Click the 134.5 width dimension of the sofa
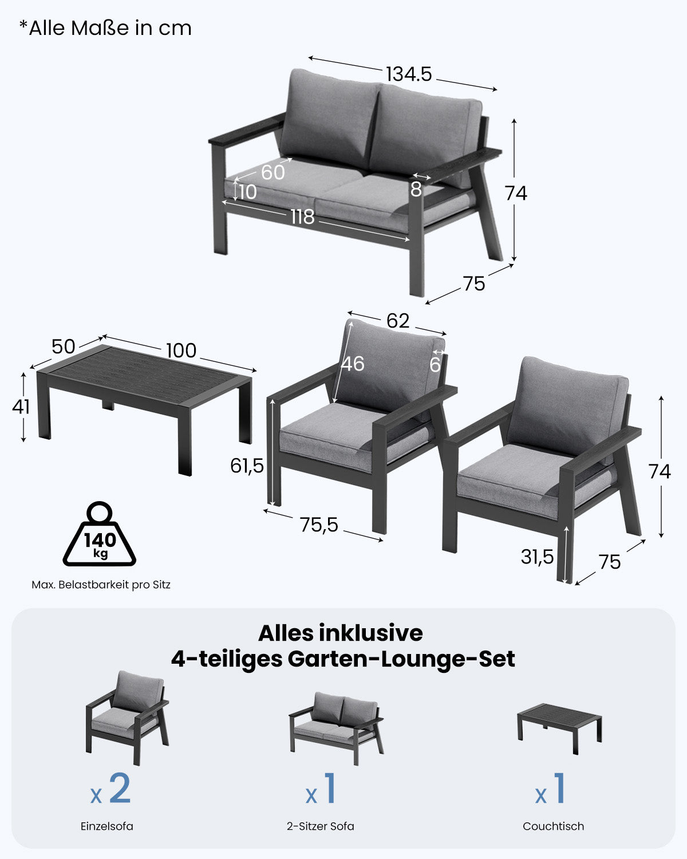[x=408, y=74]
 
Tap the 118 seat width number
[x=302, y=217]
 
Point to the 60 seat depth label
[x=273, y=172]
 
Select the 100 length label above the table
[x=181, y=350]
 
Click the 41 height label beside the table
[x=21, y=407]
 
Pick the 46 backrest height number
[x=353, y=364]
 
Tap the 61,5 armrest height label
[x=247, y=466]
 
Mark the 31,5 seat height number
[x=537, y=557]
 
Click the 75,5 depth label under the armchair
[x=319, y=525]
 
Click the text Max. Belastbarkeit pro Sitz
[x=101, y=585]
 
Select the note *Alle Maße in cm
[x=105, y=28]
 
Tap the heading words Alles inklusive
[x=340, y=633]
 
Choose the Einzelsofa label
[x=107, y=826]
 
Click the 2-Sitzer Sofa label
[x=321, y=826]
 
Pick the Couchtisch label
[x=553, y=826]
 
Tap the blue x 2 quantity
[x=111, y=790]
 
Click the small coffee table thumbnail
[x=560, y=727]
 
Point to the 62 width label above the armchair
[x=397, y=321]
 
